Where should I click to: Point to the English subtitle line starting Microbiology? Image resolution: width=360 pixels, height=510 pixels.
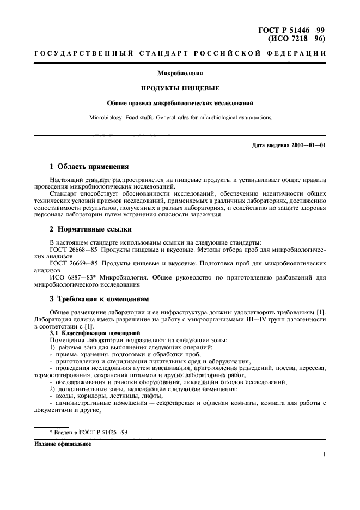[180, 117]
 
